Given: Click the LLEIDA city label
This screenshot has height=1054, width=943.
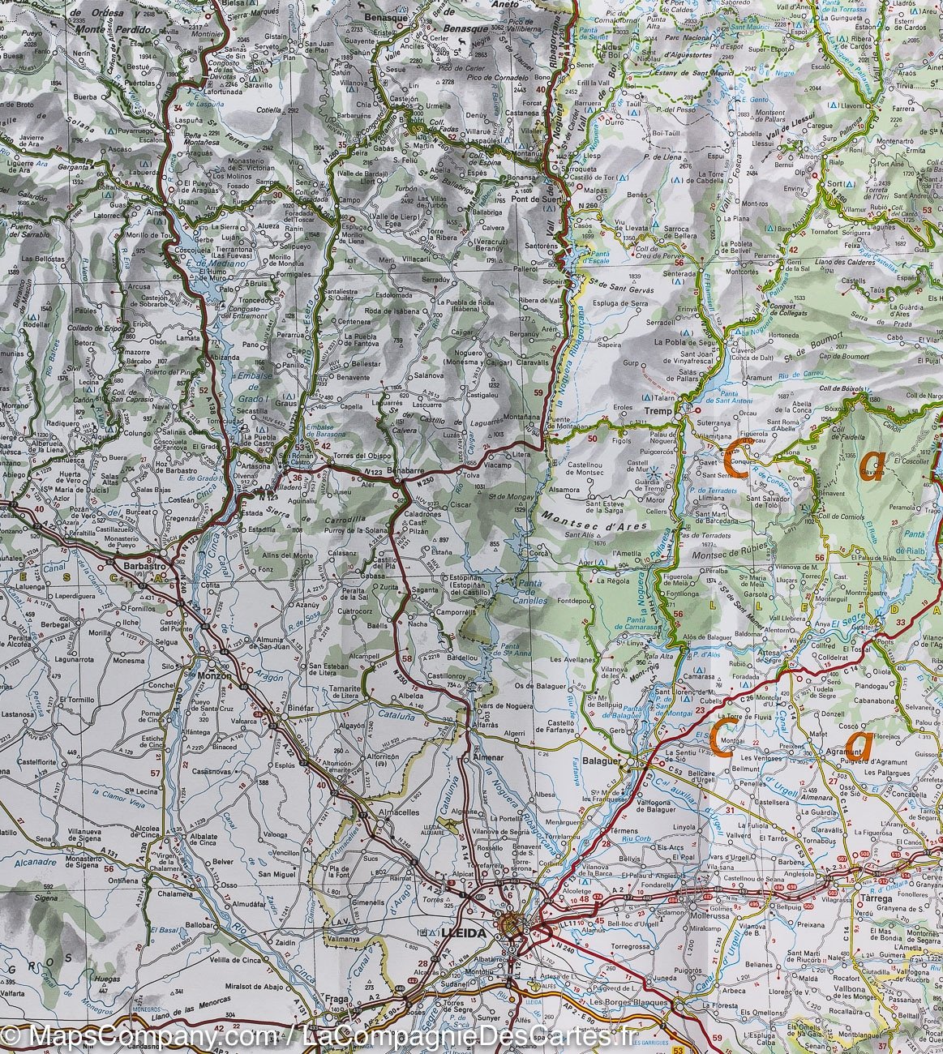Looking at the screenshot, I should tap(465, 933).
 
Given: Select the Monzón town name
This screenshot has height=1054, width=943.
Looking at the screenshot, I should tap(213, 675).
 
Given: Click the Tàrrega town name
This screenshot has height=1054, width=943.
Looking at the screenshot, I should tap(873, 899).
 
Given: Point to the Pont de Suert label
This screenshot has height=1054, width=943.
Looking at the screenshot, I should tap(532, 199).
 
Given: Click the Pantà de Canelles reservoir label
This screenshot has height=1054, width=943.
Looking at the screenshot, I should tap(533, 601).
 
